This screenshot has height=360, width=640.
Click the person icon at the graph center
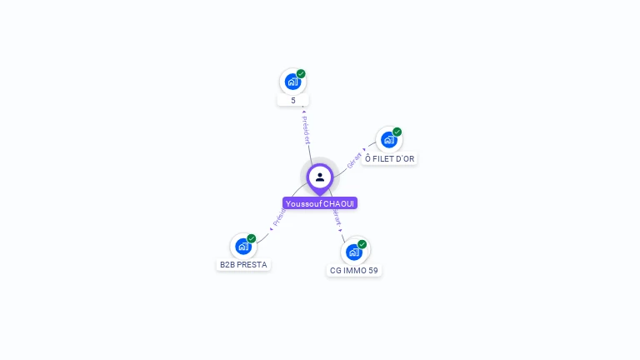(320, 177)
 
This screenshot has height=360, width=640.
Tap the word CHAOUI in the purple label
(339, 203)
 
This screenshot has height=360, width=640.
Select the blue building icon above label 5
(292, 82)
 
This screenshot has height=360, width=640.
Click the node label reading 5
(293, 101)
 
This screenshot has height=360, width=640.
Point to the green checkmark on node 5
(301, 73)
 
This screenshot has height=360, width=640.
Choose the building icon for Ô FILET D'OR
(389, 140)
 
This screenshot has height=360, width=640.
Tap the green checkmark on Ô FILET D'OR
(397, 132)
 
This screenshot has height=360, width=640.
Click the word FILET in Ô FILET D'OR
(384, 159)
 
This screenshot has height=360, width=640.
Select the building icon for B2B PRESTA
(243, 247)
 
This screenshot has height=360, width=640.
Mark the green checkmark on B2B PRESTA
(252, 238)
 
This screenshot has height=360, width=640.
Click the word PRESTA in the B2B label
(252, 265)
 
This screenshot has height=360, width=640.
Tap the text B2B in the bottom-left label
(227, 265)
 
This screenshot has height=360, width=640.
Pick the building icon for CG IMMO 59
(354, 252)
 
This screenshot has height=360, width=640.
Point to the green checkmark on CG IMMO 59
(362, 244)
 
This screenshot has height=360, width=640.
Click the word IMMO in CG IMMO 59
(354, 271)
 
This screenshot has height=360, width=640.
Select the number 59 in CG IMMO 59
(373, 271)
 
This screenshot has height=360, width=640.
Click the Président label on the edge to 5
(306, 130)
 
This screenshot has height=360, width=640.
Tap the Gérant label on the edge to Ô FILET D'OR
(355, 160)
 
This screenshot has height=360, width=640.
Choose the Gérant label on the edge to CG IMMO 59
(337, 217)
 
